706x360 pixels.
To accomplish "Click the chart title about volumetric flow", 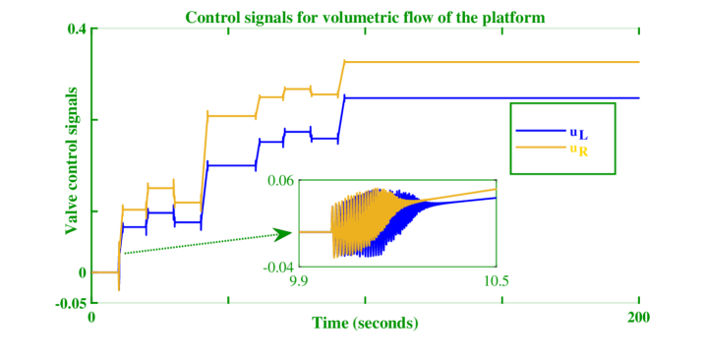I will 365,18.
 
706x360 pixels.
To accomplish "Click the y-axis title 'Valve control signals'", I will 72,160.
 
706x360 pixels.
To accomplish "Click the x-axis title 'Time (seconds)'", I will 365,323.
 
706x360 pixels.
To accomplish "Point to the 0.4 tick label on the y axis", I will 78,30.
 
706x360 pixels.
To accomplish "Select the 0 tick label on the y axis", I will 83,272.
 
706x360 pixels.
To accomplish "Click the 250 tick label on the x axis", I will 638,317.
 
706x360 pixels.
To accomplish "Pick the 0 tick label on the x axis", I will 91,317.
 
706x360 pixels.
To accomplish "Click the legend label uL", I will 578,132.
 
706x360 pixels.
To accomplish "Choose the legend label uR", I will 578,150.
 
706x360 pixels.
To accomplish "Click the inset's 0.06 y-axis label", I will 280,181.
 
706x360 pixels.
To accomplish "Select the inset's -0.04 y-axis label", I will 279,266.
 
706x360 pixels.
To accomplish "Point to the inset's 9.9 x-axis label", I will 299,280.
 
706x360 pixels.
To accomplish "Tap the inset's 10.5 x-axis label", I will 496,280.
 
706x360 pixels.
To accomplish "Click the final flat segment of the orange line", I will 492,62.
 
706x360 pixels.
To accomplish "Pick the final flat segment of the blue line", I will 492,97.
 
